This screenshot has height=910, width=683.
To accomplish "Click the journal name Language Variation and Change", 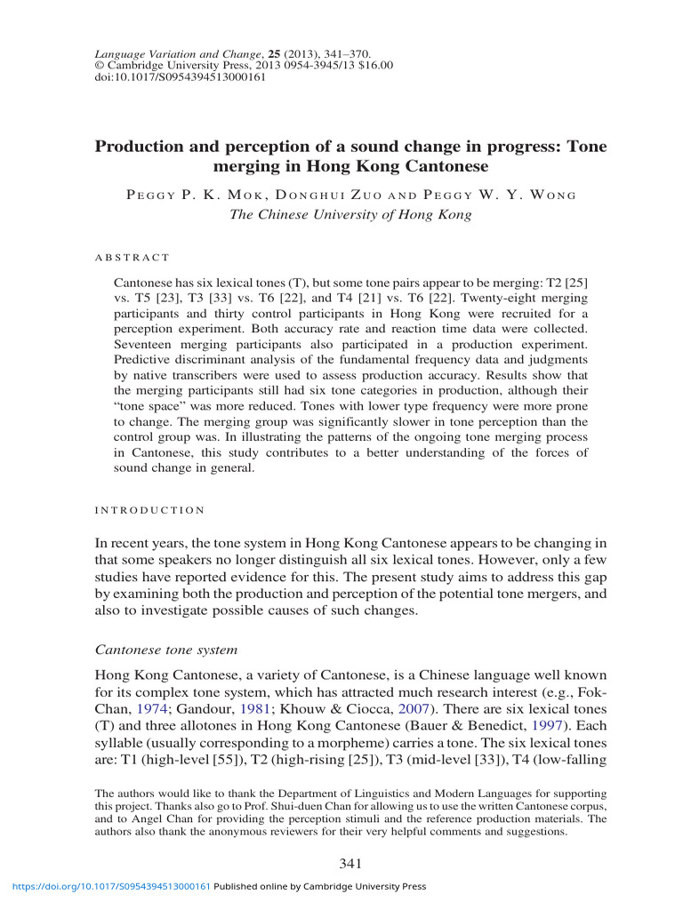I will (x=165, y=54).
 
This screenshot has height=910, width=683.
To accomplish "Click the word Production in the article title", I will (x=145, y=146).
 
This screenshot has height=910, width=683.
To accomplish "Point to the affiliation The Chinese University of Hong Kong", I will (x=350, y=214).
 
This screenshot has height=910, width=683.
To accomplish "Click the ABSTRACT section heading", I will (x=132, y=258).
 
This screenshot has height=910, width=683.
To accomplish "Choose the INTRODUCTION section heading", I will (x=149, y=510).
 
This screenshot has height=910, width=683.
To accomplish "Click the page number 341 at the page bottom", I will (x=350, y=863).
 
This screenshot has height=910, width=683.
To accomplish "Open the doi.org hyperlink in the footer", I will (x=107, y=886).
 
